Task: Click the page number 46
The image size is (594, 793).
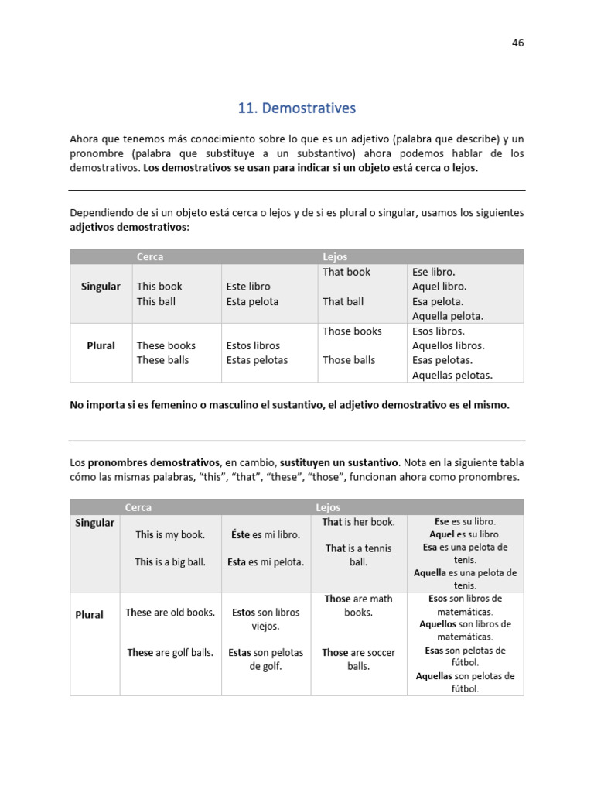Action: [x=517, y=43]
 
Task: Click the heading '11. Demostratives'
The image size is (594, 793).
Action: [x=297, y=108]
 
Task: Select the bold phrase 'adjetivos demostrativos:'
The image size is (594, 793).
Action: [x=129, y=227]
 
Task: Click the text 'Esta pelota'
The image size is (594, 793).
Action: [x=252, y=301]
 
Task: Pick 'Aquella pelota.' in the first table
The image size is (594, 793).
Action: [x=448, y=316]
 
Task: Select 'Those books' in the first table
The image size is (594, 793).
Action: [x=352, y=331]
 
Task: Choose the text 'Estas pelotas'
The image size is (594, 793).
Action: [x=257, y=360]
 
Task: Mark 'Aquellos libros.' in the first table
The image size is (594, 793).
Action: [x=449, y=345]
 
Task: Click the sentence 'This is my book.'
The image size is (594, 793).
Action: [x=170, y=534]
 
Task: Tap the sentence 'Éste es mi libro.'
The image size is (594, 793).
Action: [x=266, y=534]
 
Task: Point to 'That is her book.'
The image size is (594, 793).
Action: [x=358, y=522]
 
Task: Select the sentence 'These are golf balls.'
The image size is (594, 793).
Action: [x=170, y=653]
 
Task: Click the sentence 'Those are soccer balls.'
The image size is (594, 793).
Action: [x=358, y=659]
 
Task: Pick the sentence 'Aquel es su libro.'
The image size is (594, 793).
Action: [x=465, y=534]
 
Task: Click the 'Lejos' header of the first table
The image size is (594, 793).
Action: [x=335, y=256]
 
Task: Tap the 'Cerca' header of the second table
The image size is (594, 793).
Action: [x=138, y=507]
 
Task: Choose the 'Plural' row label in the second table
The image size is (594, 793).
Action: [x=89, y=615]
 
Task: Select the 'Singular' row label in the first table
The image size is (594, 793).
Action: [x=101, y=287]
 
